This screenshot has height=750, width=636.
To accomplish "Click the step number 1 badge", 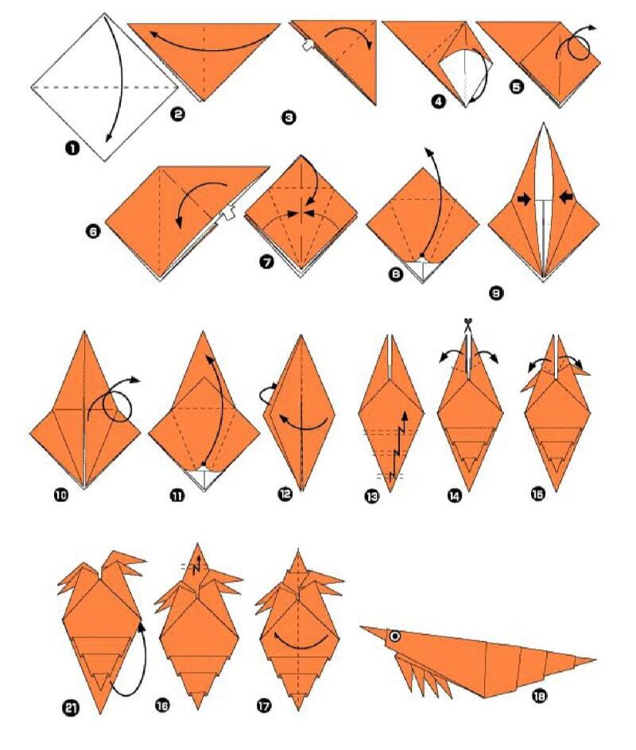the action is (x=72, y=149).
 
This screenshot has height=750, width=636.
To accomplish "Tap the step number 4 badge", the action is (x=438, y=102).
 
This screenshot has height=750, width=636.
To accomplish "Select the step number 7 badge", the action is (x=266, y=261).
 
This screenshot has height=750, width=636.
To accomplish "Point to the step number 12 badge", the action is (x=285, y=493).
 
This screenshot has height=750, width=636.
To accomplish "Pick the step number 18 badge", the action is (x=539, y=697).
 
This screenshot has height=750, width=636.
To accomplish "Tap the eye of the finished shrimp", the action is (x=395, y=636).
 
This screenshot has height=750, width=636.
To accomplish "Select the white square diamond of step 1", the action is (x=105, y=87).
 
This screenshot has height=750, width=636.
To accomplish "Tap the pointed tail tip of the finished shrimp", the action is (x=595, y=660).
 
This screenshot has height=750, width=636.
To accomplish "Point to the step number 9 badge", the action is (x=496, y=292).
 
